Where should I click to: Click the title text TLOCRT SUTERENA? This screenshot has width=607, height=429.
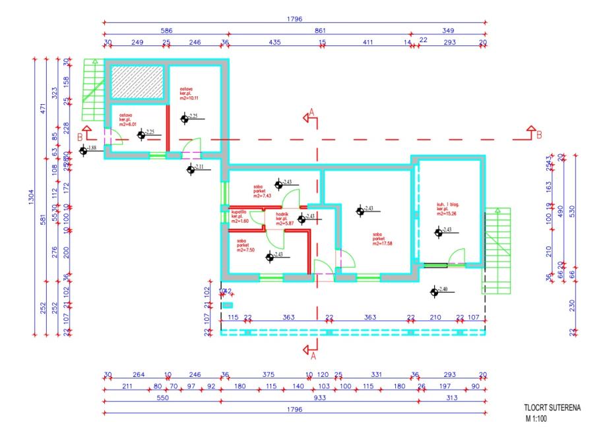(552, 409)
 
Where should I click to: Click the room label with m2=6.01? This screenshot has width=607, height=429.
(127, 119)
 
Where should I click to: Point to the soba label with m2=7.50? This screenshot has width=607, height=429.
(247, 245)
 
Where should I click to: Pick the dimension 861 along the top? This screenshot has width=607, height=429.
(321, 30)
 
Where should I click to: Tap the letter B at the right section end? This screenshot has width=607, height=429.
(539, 135)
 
